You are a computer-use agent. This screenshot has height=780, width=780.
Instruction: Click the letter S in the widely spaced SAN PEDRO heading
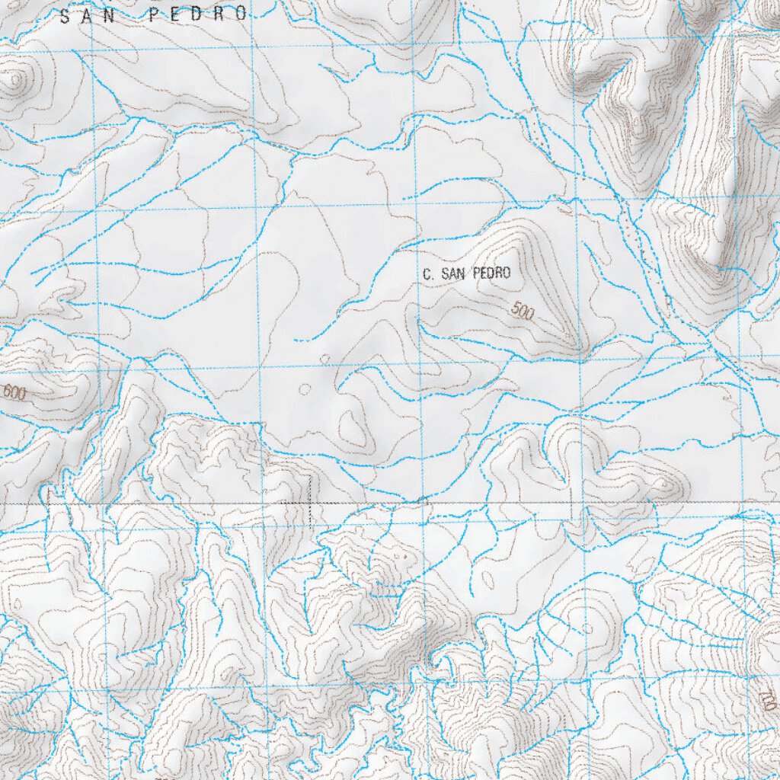[x=65, y=14]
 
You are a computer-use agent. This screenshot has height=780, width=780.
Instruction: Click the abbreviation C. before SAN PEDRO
[x=427, y=273]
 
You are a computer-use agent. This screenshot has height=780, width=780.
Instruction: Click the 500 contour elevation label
[x=523, y=311]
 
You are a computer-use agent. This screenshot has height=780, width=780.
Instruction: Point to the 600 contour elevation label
[x=14, y=394]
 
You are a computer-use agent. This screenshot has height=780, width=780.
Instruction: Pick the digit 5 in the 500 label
[x=517, y=308]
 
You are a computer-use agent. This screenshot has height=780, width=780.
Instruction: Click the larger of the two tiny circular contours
[x=305, y=389]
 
